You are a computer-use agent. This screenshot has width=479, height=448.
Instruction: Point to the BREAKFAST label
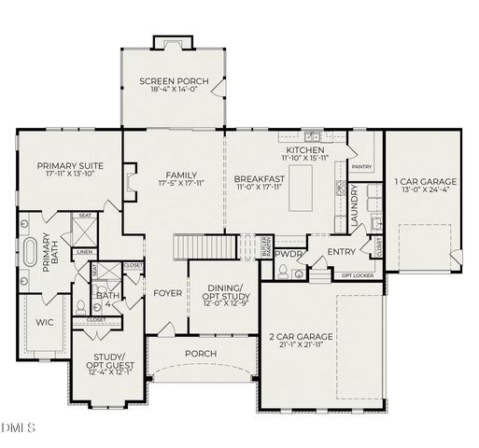[259, 178]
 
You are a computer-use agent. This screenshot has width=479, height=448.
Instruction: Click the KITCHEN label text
[305, 149]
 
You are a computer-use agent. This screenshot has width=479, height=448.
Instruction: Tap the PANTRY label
[362, 167]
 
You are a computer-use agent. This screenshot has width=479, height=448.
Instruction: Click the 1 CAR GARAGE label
[425, 181]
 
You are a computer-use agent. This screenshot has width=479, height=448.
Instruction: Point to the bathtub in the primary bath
[31, 253]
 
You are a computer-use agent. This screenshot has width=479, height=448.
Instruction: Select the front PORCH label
[203, 354]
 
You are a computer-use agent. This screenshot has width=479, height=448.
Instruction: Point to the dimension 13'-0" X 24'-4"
[425, 190]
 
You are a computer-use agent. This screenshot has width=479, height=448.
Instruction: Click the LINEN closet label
[85, 252]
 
